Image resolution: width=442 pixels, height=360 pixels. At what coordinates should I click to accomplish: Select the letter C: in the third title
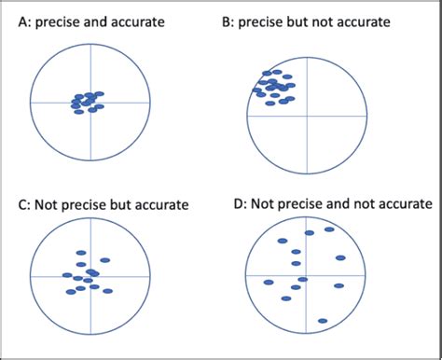[x=26, y=204]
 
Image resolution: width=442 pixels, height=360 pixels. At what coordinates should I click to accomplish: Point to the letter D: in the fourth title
[x=242, y=202]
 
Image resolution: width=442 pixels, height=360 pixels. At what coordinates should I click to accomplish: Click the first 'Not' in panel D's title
[x=268, y=202]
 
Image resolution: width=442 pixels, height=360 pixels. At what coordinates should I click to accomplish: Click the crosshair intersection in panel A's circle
[x=90, y=102]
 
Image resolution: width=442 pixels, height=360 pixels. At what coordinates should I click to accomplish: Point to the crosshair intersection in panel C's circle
[x=90, y=276]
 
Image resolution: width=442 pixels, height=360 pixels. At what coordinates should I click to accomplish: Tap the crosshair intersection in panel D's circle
[x=306, y=277]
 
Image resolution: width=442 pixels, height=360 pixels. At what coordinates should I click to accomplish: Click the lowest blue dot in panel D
[x=322, y=322]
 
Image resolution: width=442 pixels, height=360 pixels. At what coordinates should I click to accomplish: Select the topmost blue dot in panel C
[x=81, y=253]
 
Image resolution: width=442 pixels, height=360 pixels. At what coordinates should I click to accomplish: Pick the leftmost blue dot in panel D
[x=269, y=282]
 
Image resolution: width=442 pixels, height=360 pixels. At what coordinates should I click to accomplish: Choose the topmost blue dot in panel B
[x=276, y=72]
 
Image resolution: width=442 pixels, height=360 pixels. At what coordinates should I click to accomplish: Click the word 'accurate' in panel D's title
[x=403, y=202]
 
